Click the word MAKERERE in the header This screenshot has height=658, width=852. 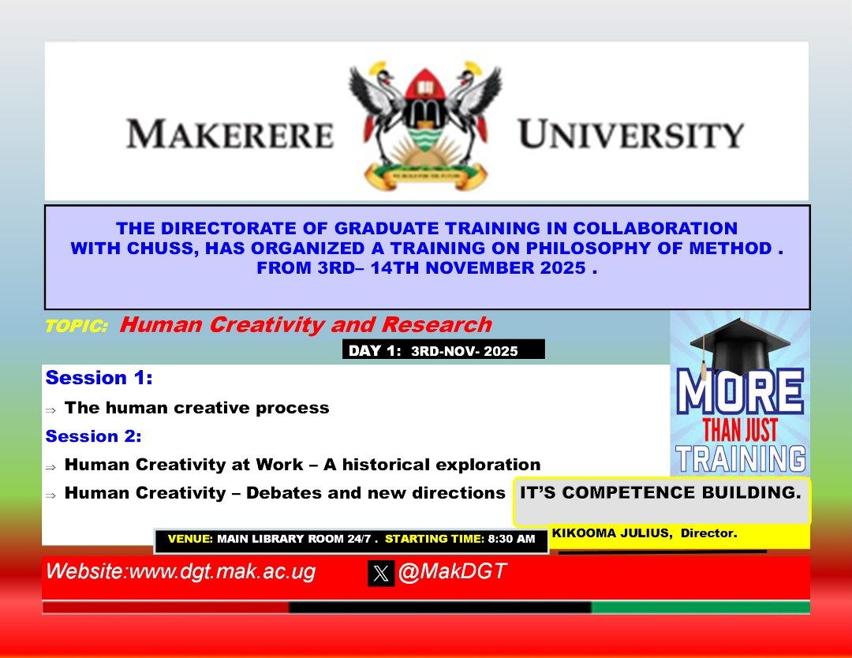[x=230, y=133]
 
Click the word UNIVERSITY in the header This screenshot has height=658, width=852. [x=630, y=133]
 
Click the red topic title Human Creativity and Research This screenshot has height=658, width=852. [x=305, y=324]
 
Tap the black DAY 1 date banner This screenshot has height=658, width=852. [x=443, y=350]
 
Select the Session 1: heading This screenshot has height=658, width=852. [x=99, y=378]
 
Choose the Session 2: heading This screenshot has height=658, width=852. [x=93, y=436]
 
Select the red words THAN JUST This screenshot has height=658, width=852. [x=740, y=431]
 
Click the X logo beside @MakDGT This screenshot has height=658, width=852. [x=381, y=574]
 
